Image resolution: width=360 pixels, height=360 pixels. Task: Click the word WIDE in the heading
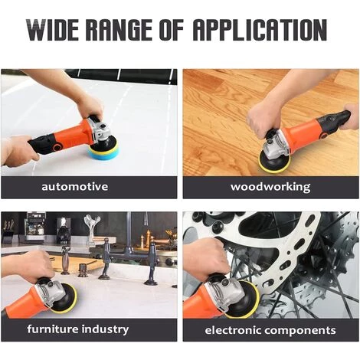pos(53,30)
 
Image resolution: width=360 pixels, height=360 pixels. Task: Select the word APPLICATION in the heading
pos(260,30)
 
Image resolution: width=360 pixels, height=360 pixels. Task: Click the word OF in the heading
pos(172,30)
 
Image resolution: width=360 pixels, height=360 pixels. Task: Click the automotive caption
pos(75,186)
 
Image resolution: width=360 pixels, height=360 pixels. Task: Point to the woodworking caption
pos(270,187)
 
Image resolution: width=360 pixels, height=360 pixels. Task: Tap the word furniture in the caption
pos(53,329)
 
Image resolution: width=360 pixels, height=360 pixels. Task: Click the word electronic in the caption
pos(233,330)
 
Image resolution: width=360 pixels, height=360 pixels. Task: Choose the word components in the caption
pos(300,331)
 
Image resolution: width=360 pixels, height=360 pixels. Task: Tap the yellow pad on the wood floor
pos(274,163)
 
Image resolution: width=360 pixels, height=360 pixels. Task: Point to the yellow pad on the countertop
pos(67,301)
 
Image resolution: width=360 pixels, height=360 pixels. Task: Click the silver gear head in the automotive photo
pos(101,132)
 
